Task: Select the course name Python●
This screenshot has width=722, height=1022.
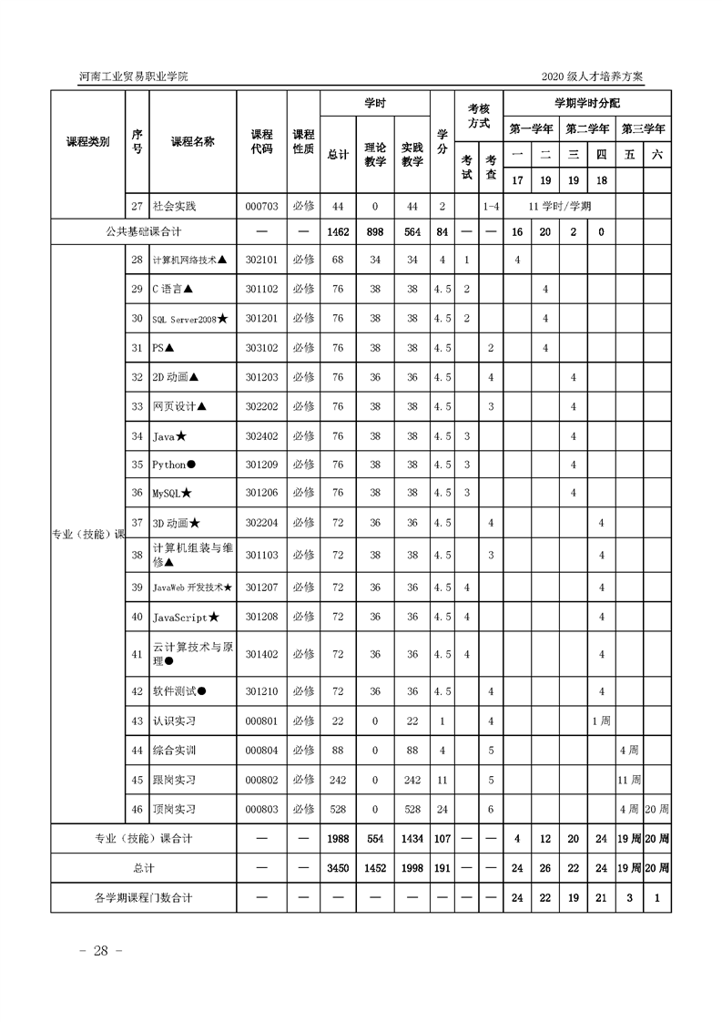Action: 174,465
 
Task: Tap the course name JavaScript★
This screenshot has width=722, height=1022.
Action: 185,618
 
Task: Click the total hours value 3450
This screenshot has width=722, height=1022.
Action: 338,868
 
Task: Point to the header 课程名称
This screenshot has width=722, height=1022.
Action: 192,142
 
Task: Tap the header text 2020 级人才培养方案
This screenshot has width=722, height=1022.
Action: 593,76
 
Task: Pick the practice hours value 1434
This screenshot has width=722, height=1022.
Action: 412,838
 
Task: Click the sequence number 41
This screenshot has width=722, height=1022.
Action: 137,654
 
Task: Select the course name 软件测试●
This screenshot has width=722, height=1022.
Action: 179,691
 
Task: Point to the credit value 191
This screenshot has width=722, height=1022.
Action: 442,868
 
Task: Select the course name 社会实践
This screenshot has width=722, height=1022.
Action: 174,206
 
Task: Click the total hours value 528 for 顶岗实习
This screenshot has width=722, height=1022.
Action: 338,809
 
